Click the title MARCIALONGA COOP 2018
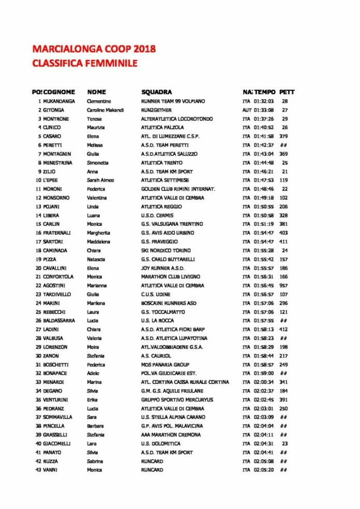click(x=94, y=50)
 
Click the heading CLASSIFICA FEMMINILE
click(x=84, y=64)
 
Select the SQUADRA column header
click(x=156, y=92)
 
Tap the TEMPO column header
click(x=265, y=92)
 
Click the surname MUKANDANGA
click(x=59, y=101)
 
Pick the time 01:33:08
click(x=264, y=110)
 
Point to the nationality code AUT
click(x=247, y=110)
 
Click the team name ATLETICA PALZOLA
click(x=162, y=128)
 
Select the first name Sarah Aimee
click(x=100, y=180)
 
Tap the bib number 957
click(x=284, y=286)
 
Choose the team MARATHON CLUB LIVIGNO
click(x=170, y=277)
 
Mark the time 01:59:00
click(x=264, y=373)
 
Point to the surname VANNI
click(x=50, y=470)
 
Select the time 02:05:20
click(x=264, y=470)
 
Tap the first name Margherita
click(x=98, y=233)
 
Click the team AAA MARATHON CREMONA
click(x=171, y=435)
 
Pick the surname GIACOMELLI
click(x=57, y=443)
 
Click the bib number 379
click(x=283, y=136)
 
